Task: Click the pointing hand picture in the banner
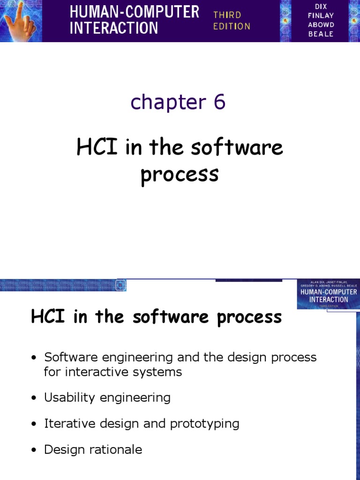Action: pos(21,21)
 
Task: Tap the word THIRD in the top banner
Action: pos(227,15)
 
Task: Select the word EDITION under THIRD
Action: pos(232,26)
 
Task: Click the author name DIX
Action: pos(321,7)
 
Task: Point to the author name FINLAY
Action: pos(321,16)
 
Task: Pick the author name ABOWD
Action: pos(321,25)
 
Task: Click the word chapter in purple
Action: pos(162,102)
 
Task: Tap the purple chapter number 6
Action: pos(219,102)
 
